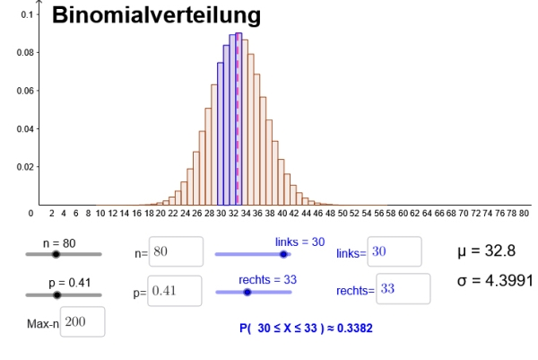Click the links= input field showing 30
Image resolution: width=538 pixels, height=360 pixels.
(393, 252)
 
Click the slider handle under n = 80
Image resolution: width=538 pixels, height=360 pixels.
(56, 254)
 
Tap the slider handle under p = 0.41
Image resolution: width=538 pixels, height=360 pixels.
(57, 294)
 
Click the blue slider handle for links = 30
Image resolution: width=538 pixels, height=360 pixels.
(284, 254)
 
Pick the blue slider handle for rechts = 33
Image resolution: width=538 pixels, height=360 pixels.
(248, 292)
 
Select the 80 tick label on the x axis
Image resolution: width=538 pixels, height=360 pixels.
(525, 215)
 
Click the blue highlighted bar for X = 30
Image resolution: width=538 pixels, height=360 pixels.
(221, 135)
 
